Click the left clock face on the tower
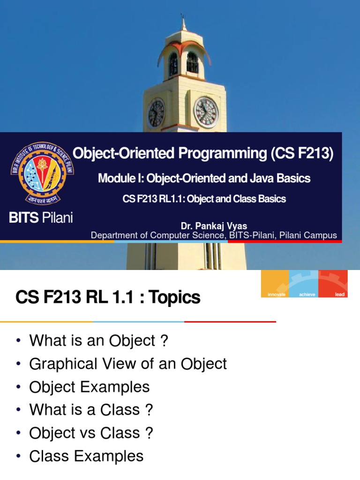click(x=156, y=113)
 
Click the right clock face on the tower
click(x=206, y=112)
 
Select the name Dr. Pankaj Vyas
click(x=214, y=226)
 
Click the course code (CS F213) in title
click(x=302, y=154)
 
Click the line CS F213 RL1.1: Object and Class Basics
click(x=204, y=199)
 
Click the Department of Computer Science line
click(x=214, y=235)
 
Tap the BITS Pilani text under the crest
click(x=41, y=217)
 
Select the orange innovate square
click(x=275, y=284)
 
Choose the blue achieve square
click(x=304, y=284)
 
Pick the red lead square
click(x=333, y=284)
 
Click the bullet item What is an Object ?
click(x=98, y=341)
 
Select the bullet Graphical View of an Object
click(x=128, y=364)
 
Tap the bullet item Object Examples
click(x=90, y=387)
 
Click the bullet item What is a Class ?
click(x=91, y=410)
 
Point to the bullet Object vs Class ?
click(x=91, y=433)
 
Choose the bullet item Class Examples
click(x=86, y=456)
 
